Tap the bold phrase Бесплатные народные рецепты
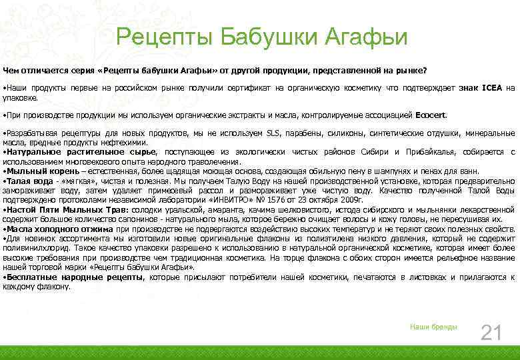click(75, 277)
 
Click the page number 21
click(491, 332)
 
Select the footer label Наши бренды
click(433, 327)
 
